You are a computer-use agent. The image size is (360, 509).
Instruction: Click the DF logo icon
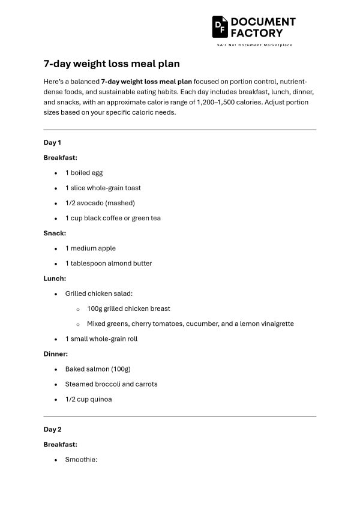point(220,26)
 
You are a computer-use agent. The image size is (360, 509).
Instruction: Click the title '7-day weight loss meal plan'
point(112,63)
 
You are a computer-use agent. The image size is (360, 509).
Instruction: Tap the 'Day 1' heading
point(52,142)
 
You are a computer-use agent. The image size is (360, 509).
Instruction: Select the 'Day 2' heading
point(52,429)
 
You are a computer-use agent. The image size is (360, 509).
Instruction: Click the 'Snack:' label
point(55,233)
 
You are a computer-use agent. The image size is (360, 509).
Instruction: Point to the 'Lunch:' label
point(55,279)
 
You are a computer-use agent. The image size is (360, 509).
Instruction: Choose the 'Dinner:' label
point(56,354)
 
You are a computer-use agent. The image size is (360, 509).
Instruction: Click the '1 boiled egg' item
point(84,173)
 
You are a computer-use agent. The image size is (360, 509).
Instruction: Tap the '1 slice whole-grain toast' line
point(103,188)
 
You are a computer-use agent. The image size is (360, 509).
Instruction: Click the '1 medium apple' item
point(90,248)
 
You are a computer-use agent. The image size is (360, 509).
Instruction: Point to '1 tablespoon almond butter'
point(109,264)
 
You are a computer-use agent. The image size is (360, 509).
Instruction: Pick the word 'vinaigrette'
point(274,324)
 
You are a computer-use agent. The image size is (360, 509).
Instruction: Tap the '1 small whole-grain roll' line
point(101,339)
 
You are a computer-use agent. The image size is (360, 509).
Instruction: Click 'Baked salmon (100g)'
point(98,369)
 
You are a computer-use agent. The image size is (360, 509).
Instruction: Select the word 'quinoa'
point(101,399)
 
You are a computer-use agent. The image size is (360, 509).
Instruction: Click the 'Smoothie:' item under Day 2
point(81,460)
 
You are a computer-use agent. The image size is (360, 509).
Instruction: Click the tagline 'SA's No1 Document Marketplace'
point(254,46)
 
